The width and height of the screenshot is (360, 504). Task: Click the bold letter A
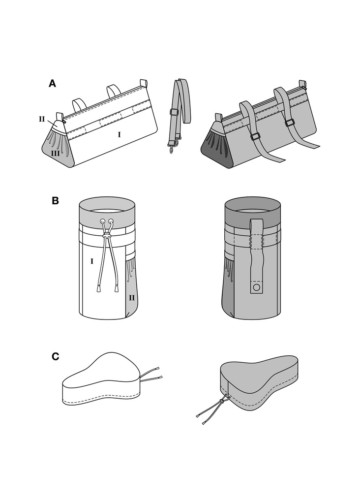click(52, 84)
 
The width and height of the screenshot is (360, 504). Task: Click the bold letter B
click(56, 201)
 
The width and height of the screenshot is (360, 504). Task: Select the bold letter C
click(56, 356)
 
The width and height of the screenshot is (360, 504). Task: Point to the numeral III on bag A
click(56, 154)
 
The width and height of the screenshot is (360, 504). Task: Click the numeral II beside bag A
click(42, 119)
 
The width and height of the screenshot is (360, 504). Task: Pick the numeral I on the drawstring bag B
click(91, 261)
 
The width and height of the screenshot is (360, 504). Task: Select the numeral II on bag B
click(131, 298)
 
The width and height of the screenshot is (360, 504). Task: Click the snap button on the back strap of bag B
click(255, 287)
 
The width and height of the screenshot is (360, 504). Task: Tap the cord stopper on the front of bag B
click(107, 237)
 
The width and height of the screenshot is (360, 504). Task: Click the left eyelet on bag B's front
click(102, 221)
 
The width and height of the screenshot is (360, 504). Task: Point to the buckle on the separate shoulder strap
click(174, 112)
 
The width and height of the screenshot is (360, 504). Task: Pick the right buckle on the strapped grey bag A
click(290, 122)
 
